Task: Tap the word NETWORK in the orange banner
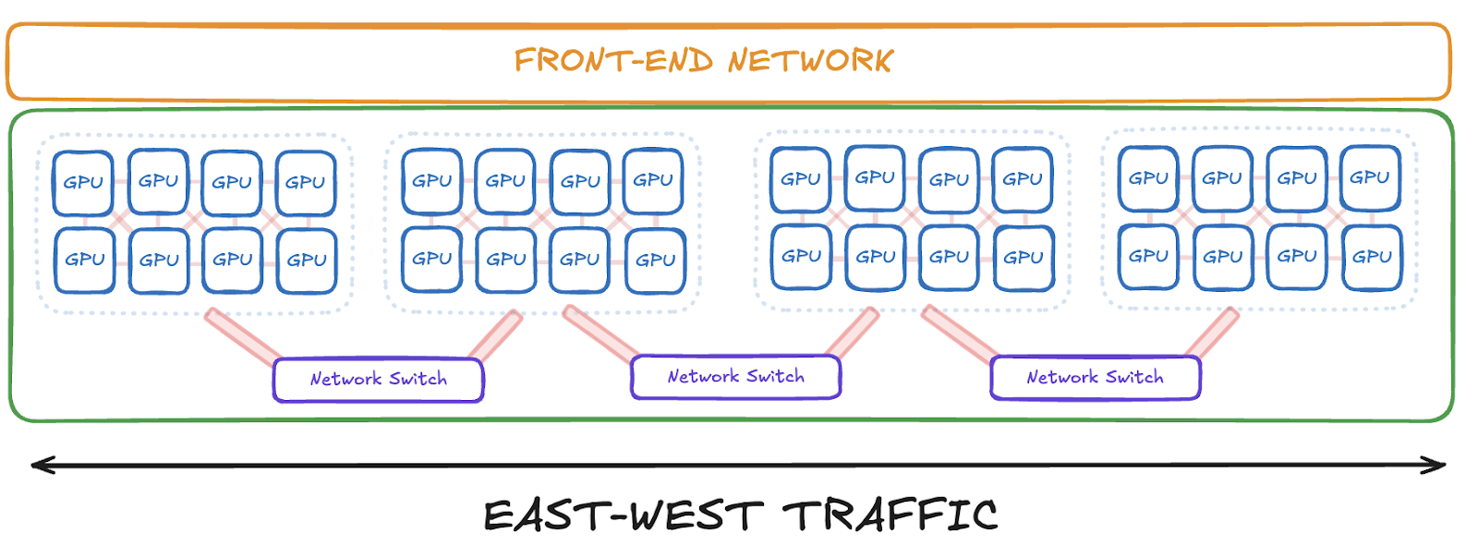(810, 61)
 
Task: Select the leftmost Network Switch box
(378, 380)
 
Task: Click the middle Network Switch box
(735, 377)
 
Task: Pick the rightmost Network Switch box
(1095, 378)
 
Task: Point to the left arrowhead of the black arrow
(39, 464)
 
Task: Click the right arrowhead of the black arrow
(1437, 465)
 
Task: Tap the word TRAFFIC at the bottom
(890, 516)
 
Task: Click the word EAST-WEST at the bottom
(624, 516)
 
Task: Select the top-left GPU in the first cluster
(83, 183)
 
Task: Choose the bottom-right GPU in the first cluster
(306, 261)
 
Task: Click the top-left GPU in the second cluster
(431, 181)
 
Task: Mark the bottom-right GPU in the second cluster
(655, 261)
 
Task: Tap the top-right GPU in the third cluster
(1023, 179)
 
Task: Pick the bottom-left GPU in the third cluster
(801, 256)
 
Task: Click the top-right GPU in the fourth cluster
(1370, 177)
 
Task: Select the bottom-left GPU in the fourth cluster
(1148, 256)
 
